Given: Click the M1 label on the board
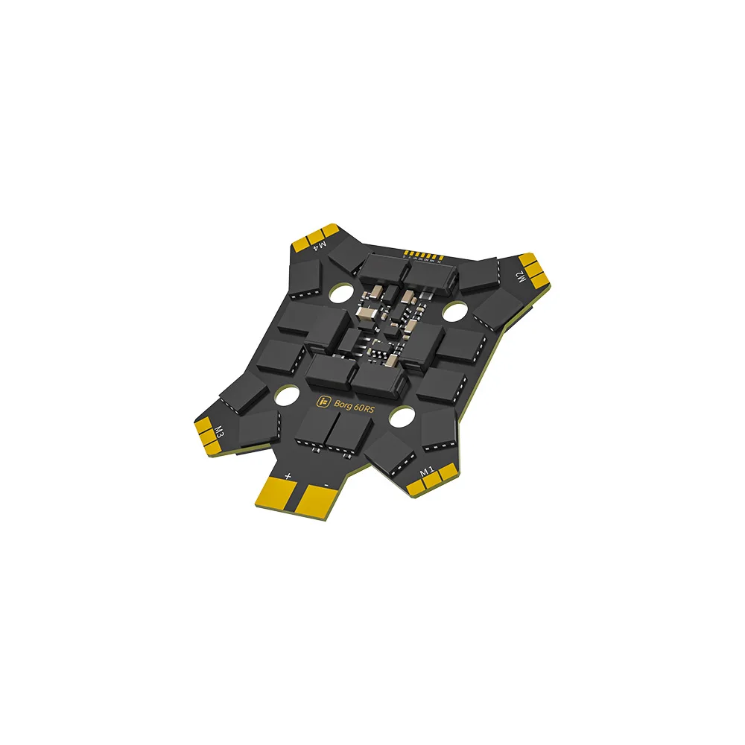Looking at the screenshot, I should coord(427,471).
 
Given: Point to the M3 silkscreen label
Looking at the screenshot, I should coord(220,431).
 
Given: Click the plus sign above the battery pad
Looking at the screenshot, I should coord(288,474).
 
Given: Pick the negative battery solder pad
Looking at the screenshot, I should coord(318,507).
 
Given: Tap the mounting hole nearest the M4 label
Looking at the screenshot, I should coord(339,294).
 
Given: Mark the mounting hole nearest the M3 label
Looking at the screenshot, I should coord(285,397).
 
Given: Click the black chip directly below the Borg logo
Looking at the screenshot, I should coord(333,430).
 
